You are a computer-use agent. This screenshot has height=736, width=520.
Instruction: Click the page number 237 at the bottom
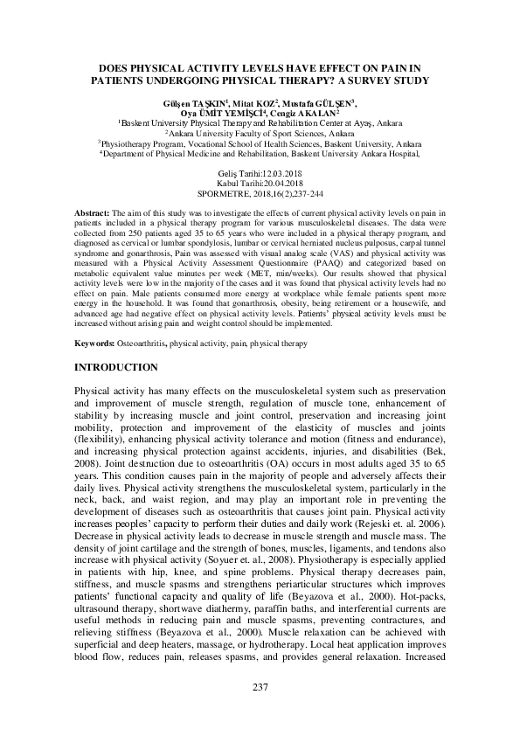pyautogui.click(x=260, y=687)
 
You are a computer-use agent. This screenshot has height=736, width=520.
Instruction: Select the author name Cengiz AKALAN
pyautogui.click(x=307, y=114)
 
